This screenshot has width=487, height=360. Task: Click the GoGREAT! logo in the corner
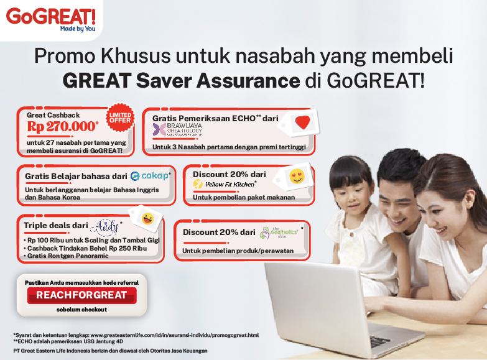(x=42, y=17)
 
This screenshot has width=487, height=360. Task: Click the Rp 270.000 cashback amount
(x=62, y=126)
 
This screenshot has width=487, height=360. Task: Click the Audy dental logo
(x=103, y=226)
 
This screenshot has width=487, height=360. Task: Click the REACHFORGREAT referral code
(x=81, y=295)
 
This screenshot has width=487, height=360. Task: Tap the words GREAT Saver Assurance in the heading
(x=181, y=81)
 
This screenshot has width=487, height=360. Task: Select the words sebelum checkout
(x=81, y=309)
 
